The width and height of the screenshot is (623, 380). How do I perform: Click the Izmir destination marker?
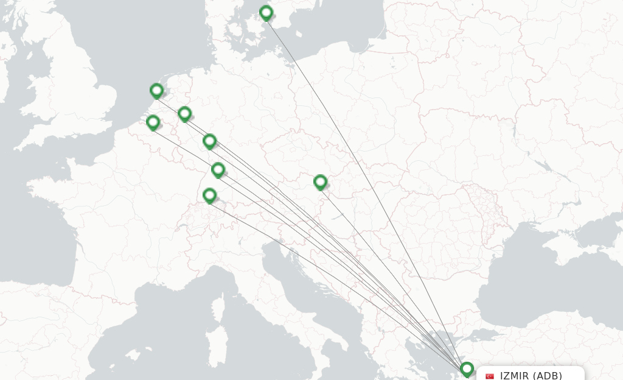[467, 369]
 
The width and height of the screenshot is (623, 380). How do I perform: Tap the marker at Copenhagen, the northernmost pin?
[266, 12]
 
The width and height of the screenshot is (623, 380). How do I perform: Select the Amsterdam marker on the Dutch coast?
[156, 91]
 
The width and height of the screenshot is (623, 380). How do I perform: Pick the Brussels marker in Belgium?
[153, 122]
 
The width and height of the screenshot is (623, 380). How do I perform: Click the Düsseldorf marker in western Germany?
[184, 113]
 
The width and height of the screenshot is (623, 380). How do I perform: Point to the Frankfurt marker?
[209, 141]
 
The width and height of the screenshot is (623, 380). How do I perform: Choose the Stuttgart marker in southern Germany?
[218, 169]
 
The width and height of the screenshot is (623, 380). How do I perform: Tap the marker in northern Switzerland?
[209, 195]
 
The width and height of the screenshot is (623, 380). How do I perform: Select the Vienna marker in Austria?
[320, 181]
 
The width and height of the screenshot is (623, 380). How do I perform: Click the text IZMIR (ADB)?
[531, 375]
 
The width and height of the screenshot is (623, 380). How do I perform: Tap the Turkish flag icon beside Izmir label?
[490, 376]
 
